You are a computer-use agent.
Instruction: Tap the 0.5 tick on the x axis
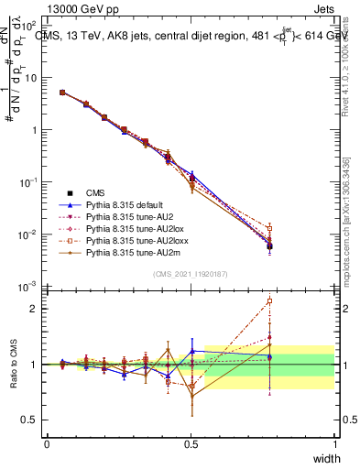(191, 443)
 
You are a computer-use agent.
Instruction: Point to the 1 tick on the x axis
(334, 443)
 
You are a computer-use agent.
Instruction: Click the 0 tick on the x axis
(47, 443)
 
